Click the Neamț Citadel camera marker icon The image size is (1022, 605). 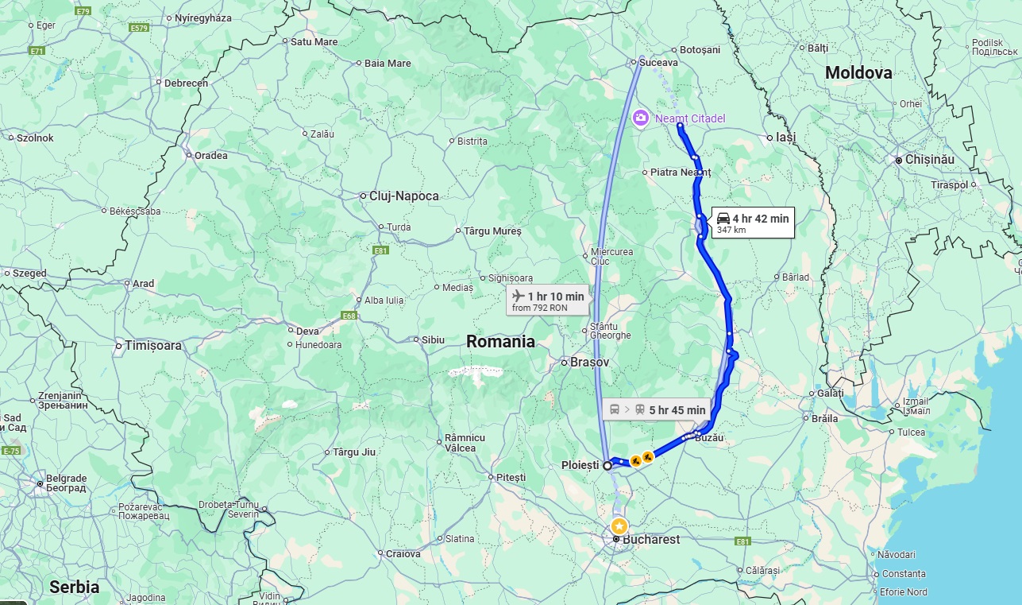640,118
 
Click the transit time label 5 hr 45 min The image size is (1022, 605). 657,409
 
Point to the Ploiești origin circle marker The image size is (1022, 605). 607,466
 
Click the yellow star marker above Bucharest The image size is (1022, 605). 619,526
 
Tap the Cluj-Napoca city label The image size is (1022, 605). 403,196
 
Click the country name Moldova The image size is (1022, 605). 858,73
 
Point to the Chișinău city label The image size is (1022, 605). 929,160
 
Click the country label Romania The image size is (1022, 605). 500,342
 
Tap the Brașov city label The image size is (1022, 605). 589,362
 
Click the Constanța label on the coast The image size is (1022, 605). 904,573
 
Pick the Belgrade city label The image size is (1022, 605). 67,479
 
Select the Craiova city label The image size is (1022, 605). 403,553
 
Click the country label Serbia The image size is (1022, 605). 75,587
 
